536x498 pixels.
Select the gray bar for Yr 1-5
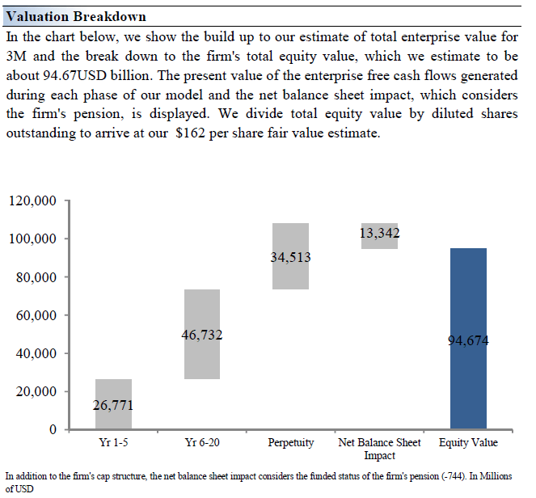pos(113,388)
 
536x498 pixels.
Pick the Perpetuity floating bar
pos(290,275)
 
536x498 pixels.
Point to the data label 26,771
pos(113,405)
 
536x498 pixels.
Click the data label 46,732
pos(202,335)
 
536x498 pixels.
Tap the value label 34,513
pos(290,258)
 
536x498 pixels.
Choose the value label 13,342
pos(379,234)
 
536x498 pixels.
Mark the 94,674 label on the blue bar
pos(468,340)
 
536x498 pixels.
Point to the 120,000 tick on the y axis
pos(32,201)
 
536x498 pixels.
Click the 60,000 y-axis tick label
pos(36,315)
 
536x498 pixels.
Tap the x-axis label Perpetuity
pos(291,443)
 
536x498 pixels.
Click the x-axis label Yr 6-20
pos(202,443)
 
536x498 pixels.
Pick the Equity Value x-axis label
pos(468,443)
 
